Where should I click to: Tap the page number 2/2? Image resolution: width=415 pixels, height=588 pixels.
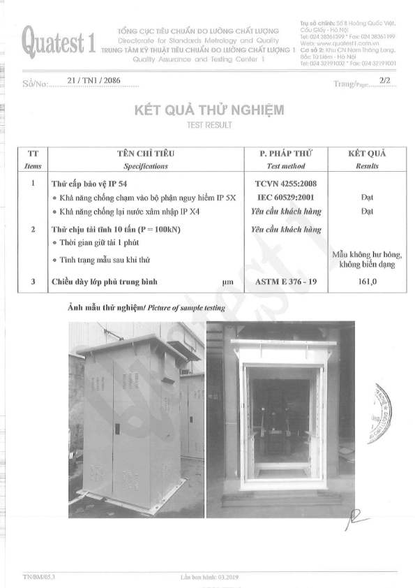383,81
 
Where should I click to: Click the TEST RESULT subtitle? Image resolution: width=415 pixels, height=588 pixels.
207,126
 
